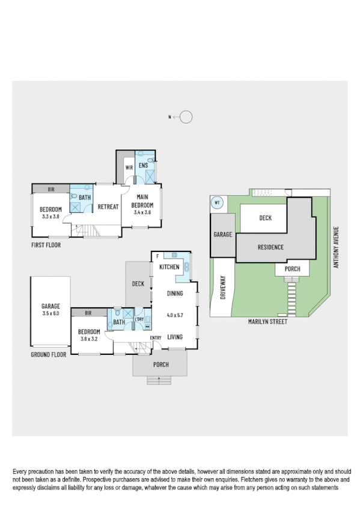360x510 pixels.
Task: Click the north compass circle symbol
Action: [186, 117]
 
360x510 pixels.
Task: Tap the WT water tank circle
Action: [217, 203]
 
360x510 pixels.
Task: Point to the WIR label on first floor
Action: [129, 167]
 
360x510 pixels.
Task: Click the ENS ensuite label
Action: [143, 164]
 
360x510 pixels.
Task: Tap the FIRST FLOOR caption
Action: [46, 245]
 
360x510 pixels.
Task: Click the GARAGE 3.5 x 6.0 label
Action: [50, 309]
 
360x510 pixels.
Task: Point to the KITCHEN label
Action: [170, 266]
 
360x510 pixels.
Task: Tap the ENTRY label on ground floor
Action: [156, 337]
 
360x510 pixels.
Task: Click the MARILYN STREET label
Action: [268, 322]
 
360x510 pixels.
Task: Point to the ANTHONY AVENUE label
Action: [337, 247]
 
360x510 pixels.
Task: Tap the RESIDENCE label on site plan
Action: [270, 247]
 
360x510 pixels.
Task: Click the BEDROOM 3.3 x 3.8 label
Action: [51, 212]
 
